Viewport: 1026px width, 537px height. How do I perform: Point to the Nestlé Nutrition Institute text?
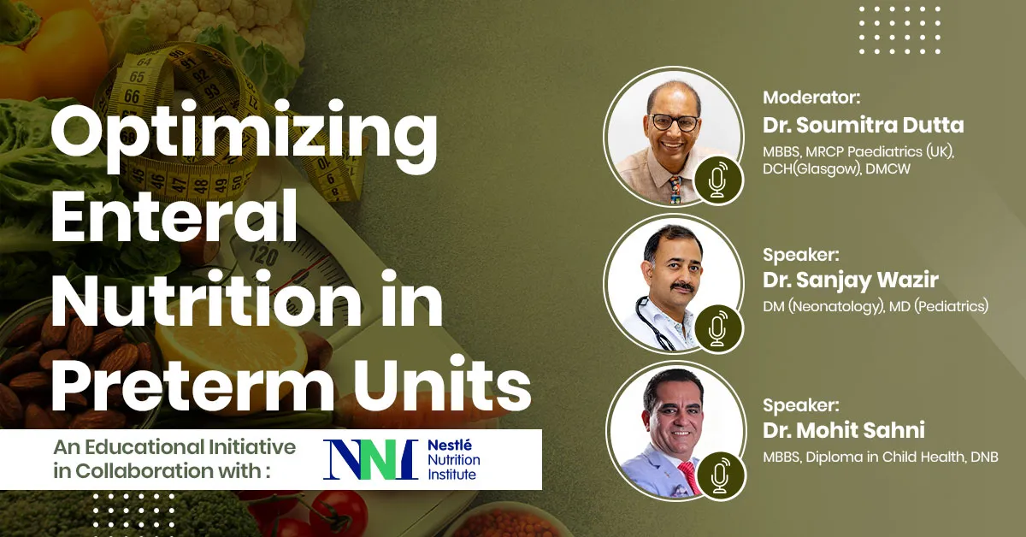click(452, 459)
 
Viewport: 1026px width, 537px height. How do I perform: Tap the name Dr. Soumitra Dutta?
click(863, 126)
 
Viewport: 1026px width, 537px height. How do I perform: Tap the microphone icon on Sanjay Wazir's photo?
click(717, 328)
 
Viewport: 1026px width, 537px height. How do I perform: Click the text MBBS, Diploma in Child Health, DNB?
click(880, 457)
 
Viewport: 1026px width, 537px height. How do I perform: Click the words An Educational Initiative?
click(174, 447)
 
